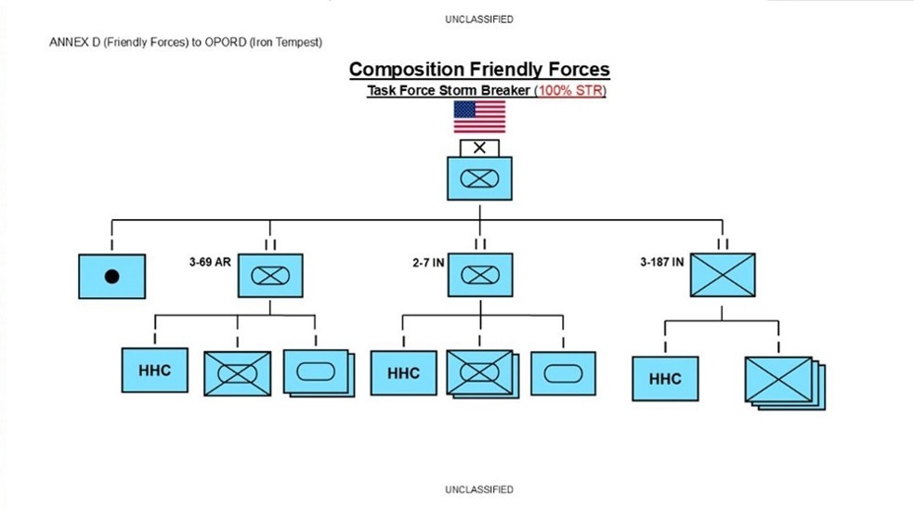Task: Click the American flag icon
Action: (x=479, y=117)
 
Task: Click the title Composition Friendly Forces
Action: (x=479, y=70)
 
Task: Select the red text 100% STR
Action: (x=570, y=91)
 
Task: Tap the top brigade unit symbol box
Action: (x=479, y=178)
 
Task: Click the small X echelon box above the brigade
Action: (x=479, y=148)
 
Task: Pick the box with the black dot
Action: (x=111, y=277)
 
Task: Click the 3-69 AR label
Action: (x=209, y=262)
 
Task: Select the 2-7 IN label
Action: (x=428, y=264)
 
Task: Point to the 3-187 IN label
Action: (x=661, y=262)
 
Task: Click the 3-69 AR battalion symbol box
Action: (x=270, y=275)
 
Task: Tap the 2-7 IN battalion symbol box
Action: (x=479, y=275)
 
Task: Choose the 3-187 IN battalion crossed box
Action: (x=723, y=275)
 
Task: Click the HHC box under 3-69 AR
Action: (x=154, y=371)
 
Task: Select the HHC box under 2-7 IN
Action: (x=403, y=373)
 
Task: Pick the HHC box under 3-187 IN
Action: (x=665, y=378)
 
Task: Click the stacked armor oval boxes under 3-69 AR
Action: (x=319, y=373)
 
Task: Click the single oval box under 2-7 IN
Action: (x=563, y=373)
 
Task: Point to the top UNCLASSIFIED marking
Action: (x=479, y=20)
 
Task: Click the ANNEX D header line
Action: (x=186, y=43)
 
